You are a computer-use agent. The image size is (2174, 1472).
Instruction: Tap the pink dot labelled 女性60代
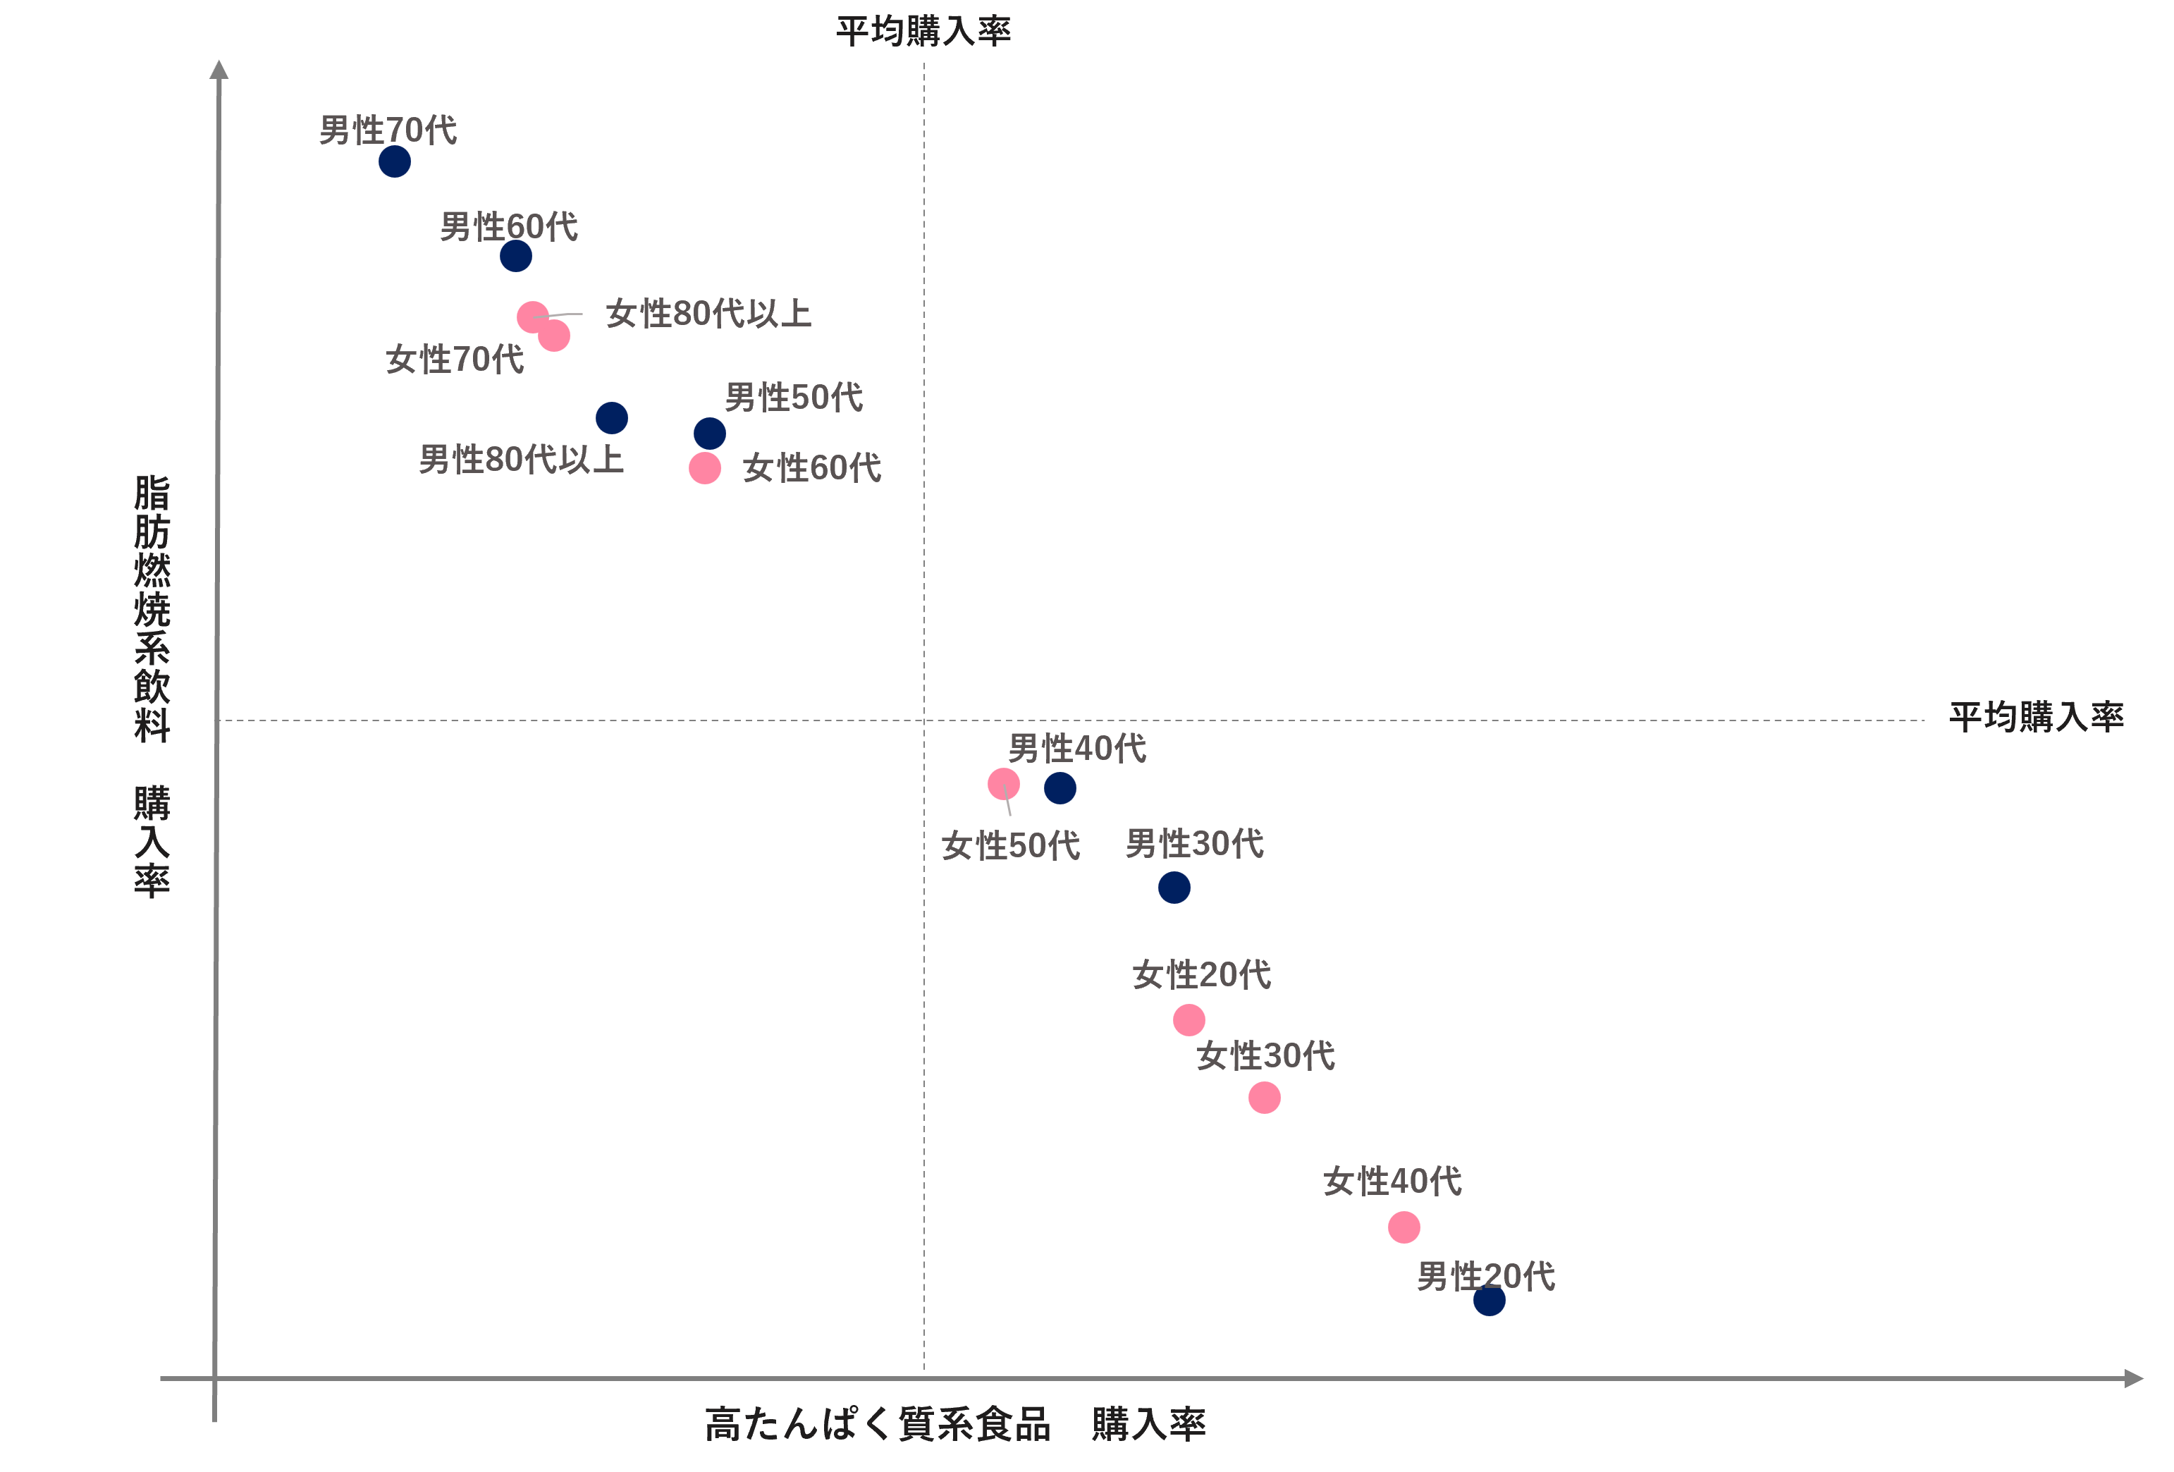coord(704,468)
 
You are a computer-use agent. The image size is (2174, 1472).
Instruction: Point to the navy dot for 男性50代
coord(710,434)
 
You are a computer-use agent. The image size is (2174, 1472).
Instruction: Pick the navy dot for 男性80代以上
coord(612,418)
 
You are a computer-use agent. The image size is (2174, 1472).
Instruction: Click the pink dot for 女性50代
coord(1004,784)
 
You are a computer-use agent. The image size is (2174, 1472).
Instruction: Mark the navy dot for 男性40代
coord(1060,788)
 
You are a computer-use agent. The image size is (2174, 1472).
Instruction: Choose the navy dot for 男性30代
coord(1174,887)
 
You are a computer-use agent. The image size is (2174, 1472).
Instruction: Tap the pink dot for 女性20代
coord(1189,1020)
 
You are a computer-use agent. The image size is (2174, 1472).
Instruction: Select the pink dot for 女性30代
coord(1265,1098)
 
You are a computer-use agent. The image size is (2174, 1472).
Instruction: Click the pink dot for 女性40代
coord(1404,1227)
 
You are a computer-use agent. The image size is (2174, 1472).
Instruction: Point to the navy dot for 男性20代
coord(1490,1300)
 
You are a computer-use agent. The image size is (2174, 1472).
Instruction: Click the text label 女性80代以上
coord(708,314)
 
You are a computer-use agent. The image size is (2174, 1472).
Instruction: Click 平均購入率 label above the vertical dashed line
coord(923,32)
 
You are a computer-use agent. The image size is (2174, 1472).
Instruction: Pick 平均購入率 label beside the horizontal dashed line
coord(2037,717)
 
